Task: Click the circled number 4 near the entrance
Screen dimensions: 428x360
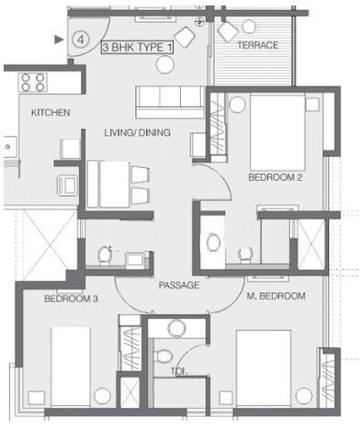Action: coord(82,40)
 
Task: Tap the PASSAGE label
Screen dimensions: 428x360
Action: coord(178,286)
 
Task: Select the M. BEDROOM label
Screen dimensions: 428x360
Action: coord(275,296)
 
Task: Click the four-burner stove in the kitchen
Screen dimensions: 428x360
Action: coord(34,82)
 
